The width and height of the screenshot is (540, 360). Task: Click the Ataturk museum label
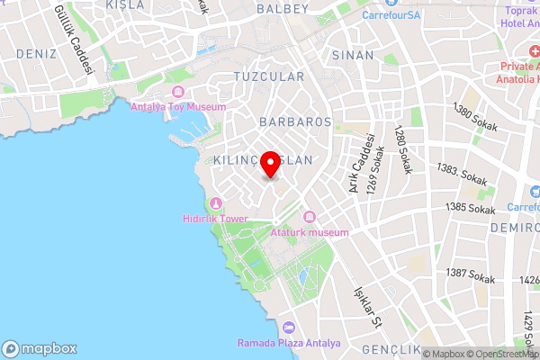[309, 233]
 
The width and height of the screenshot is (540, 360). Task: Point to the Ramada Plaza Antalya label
[289, 343]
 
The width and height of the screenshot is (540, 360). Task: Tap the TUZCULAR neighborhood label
[269, 77]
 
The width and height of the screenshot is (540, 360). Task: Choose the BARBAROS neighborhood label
[295, 121]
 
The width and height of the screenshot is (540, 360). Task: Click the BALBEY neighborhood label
[283, 9]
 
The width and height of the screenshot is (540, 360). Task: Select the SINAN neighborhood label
[353, 55]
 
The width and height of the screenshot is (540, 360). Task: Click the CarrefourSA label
[398, 14]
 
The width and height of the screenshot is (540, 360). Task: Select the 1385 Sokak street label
[471, 209]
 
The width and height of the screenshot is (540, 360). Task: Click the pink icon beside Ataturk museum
[310, 216]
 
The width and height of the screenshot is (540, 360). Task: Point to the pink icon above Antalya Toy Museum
[176, 92]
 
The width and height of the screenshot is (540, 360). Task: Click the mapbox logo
[39, 348]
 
